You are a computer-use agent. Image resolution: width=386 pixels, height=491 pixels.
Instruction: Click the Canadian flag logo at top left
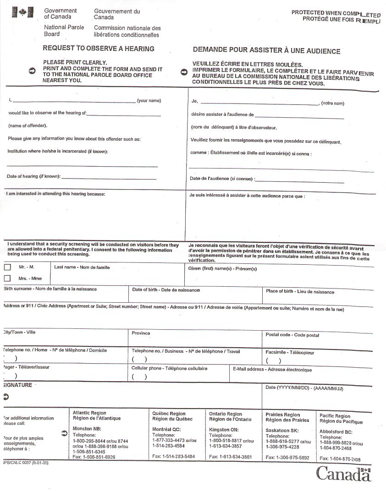pos(20,12)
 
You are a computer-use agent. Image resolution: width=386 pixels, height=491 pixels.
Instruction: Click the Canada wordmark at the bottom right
pos(343,474)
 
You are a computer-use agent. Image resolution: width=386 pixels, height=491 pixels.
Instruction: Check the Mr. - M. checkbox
pos(7,267)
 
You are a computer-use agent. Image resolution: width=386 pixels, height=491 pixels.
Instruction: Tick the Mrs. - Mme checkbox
pos(7,278)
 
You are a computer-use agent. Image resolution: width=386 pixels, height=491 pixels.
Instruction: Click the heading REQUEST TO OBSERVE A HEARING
pos(99,49)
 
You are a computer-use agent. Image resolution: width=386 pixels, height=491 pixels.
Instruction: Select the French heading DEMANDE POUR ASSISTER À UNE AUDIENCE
pos(266,51)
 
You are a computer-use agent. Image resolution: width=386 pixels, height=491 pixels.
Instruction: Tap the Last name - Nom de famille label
pos(82,267)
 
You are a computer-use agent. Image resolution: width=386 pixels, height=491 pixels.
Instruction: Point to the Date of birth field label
pos(166,290)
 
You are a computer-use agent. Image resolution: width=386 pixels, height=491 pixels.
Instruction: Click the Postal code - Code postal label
pos(292,335)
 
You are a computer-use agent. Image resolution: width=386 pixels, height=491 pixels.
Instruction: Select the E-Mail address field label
pos(272,370)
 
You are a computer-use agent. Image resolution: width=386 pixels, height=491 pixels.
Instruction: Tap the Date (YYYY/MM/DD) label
pos(304,388)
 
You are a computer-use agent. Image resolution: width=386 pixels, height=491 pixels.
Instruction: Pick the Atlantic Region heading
pos(89,413)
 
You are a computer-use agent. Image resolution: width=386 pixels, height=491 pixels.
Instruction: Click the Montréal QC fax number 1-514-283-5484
pos(173,457)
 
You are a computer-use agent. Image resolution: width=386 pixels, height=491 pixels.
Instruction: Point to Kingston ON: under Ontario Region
pos(224,430)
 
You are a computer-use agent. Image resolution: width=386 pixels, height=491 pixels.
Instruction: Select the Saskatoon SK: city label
pos(282,431)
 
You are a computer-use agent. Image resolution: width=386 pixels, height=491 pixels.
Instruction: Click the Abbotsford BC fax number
pos(340,459)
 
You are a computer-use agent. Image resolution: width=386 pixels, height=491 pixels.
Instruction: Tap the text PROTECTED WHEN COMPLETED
pos(336,13)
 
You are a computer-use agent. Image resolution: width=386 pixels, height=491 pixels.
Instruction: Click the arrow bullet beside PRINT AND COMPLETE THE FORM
pos(32,71)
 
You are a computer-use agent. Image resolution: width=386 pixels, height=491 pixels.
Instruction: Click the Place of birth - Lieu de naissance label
pos(300,292)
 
